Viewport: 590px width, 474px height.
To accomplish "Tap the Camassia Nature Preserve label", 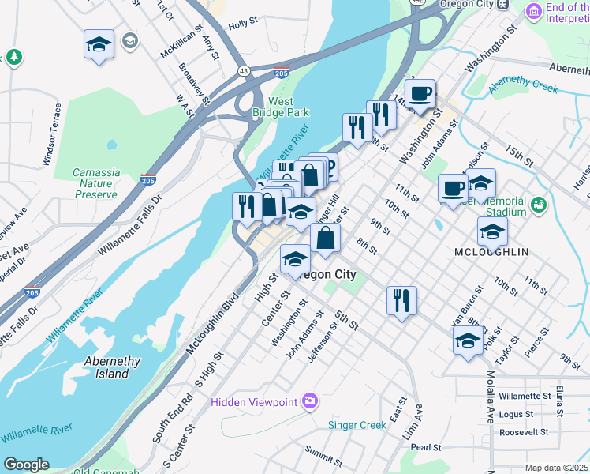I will tap(95, 183).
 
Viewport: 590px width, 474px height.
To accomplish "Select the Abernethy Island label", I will tap(112, 367).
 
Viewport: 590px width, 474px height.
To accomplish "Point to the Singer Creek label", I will tap(357, 425).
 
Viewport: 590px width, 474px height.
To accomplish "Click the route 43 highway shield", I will tap(245, 71).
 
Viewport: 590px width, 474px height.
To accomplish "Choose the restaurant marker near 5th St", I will tap(401, 300).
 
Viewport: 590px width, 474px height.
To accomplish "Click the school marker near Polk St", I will tap(469, 340).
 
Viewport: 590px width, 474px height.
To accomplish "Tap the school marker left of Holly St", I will tap(99, 44).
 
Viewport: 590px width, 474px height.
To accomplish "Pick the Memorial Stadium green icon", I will tap(540, 205).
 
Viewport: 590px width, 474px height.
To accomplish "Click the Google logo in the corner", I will tap(26, 465).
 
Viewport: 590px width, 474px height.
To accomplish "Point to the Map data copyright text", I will tap(557, 468).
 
